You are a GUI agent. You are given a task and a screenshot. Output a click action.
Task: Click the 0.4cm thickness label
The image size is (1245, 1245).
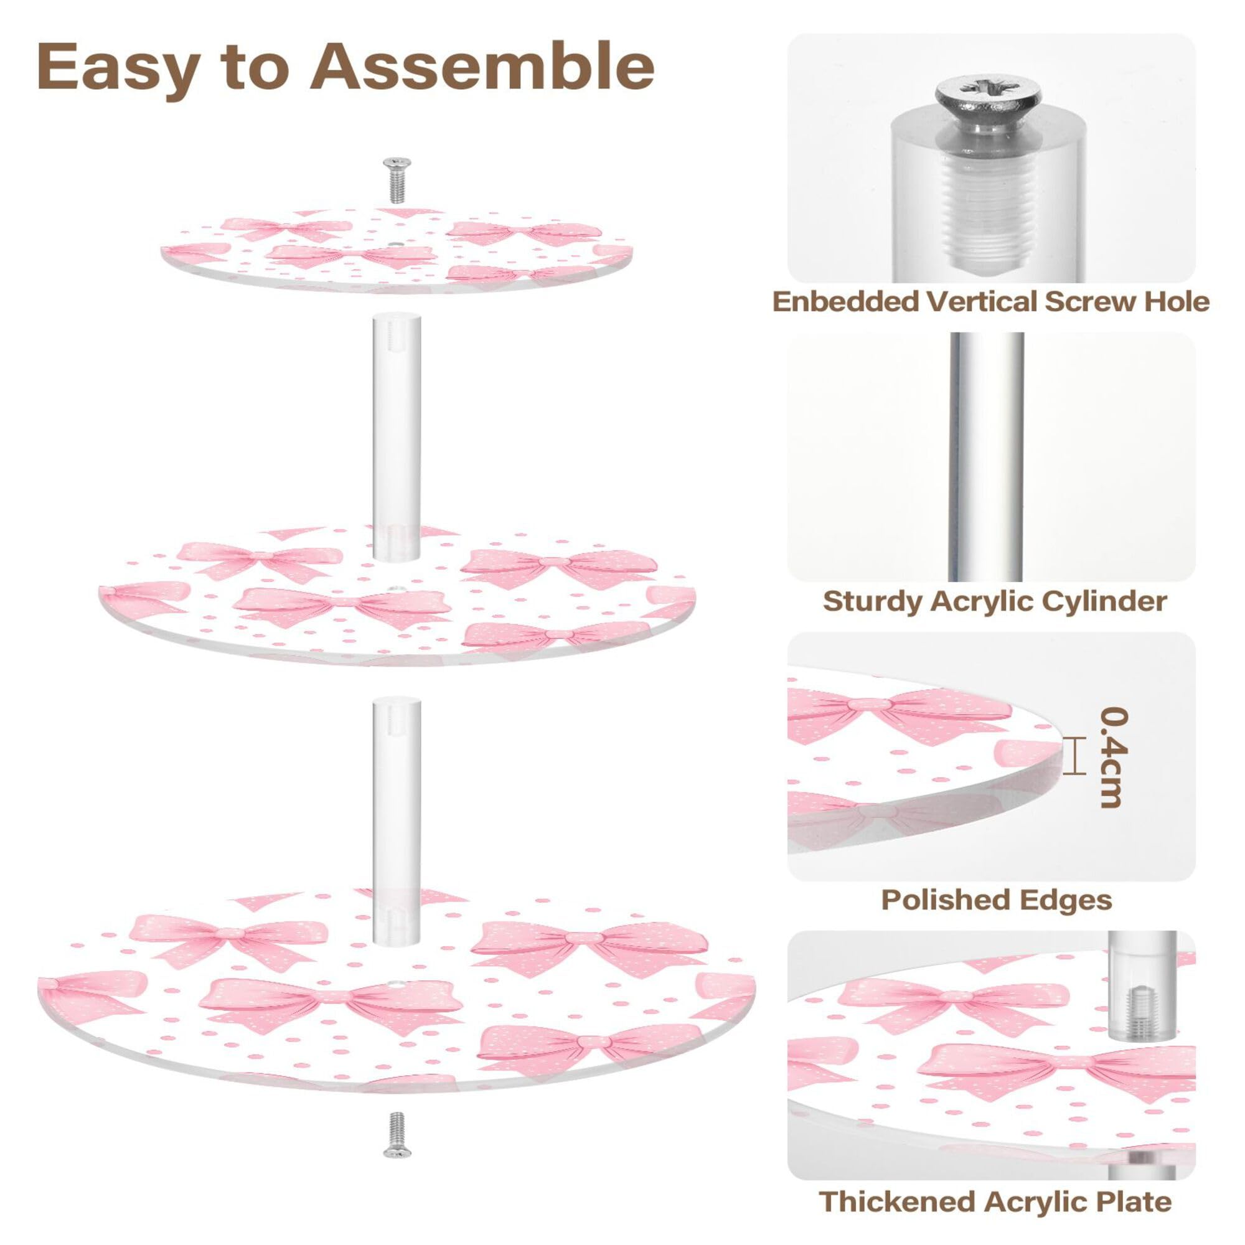pyautogui.click(x=1113, y=756)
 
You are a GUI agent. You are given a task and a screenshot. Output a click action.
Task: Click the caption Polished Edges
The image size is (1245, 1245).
pyautogui.click(x=996, y=900)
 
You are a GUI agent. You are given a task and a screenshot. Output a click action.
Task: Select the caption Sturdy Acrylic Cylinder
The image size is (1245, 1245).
pyautogui.click(x=994, y=601)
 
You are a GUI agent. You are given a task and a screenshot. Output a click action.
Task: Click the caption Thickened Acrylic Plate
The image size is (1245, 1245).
pyautogui.click(x=995, y=1201)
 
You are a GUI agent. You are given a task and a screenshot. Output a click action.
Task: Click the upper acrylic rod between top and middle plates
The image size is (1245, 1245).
pyautogui.click(x=395, y=435)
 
